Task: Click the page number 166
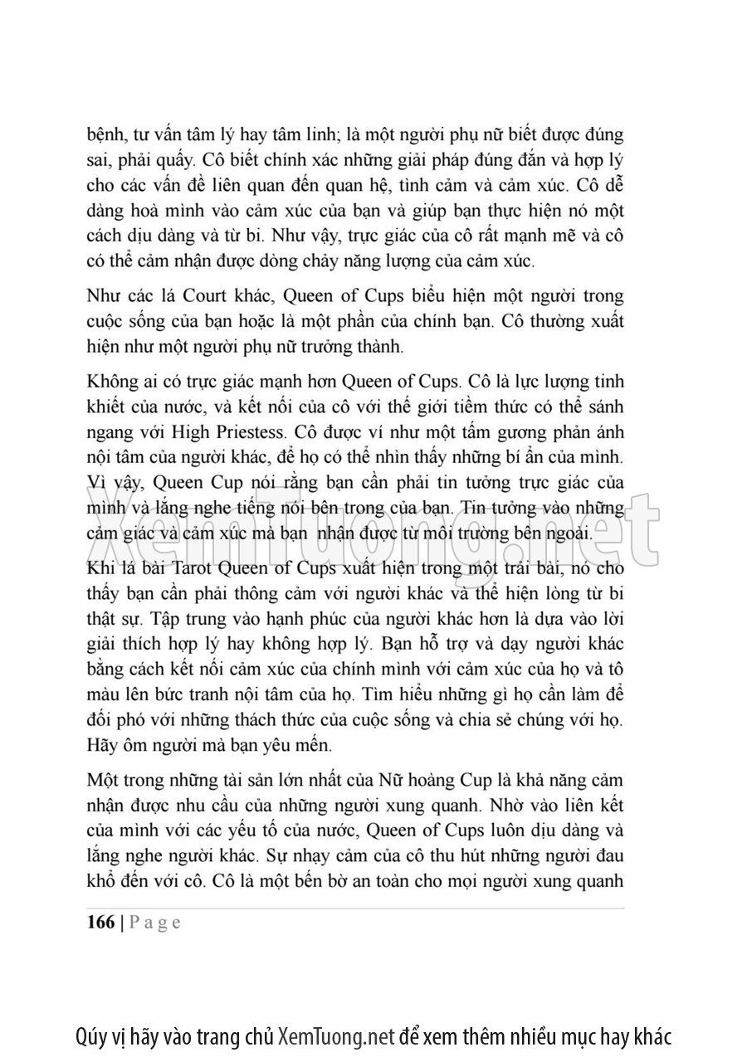click(x=100, y=923)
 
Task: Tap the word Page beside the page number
click(x=155, y=923)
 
